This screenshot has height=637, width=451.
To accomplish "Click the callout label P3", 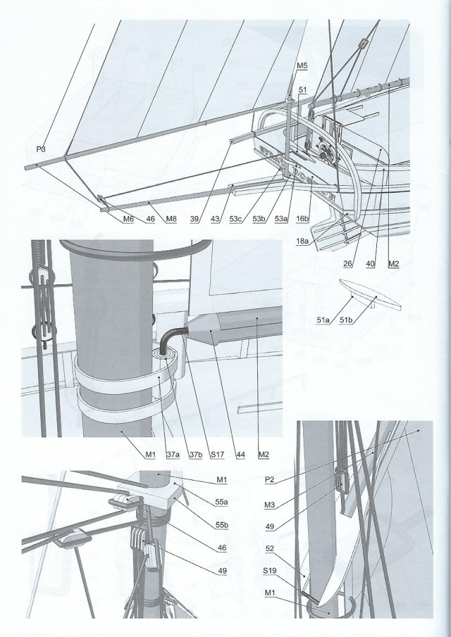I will tap(40, 149).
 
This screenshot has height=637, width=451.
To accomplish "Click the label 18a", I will tap(302, 241).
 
